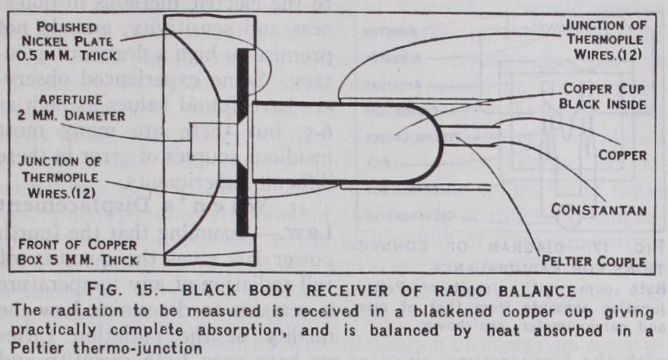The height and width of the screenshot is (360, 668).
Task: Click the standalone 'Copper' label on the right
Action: click(x=622, y=155)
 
